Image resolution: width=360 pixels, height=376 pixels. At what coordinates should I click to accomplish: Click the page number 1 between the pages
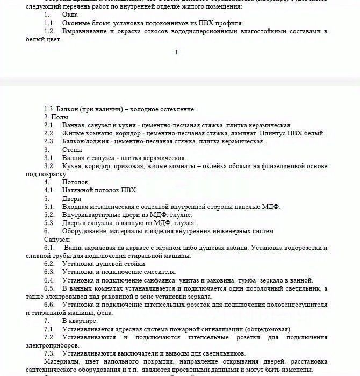click(x=176, y=52)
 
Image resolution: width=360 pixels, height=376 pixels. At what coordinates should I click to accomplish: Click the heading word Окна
click(x=70, y=15)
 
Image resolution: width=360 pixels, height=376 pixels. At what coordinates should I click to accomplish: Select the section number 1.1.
click(x=49, y=23)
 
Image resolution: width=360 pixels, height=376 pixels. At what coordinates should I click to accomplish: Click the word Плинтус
click(x=273, y=133)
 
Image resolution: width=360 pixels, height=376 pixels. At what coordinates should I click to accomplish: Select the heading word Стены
click(x=71, y=150)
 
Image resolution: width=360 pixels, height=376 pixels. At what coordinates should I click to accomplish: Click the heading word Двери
click(x=72, y=199)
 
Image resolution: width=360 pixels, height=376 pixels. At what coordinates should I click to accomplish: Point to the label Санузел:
click(x=57, y=239)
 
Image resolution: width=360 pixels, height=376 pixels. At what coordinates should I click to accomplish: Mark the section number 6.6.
click(x=49, y=305)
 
